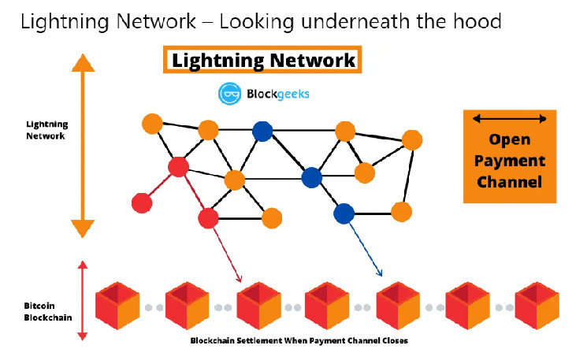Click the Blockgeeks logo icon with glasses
(229, 94)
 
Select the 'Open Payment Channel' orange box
(510, 156)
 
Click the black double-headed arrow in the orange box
(510, 119)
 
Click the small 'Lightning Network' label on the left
(46, 130)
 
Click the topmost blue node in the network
(262, 131)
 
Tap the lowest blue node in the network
(344, 213)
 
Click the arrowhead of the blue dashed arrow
(380, 273)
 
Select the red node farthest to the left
(142, 202)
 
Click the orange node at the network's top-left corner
(152, 124)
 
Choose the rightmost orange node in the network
(412, 140)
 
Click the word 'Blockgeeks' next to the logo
(276, 94)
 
